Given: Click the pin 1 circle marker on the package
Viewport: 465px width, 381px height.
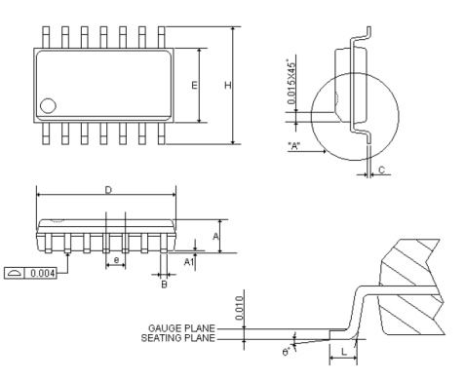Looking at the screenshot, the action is pos(48,106).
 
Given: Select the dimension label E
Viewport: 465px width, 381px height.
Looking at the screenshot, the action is pos(194,85).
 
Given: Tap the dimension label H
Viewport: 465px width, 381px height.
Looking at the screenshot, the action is pos(228,85).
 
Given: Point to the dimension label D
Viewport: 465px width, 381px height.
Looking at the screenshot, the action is pos(108,190).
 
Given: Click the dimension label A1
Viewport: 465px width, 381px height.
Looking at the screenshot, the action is pos(189,262).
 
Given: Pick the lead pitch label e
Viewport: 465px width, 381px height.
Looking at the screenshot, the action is pos(116,260).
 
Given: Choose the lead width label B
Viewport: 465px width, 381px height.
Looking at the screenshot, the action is pos(164,285).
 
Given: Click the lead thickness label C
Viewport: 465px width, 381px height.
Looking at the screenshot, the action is pos(381,170).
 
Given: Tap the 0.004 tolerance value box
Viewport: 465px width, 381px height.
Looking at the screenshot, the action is pos(43,273).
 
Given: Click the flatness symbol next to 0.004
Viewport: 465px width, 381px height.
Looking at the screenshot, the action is pos(15,273).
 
